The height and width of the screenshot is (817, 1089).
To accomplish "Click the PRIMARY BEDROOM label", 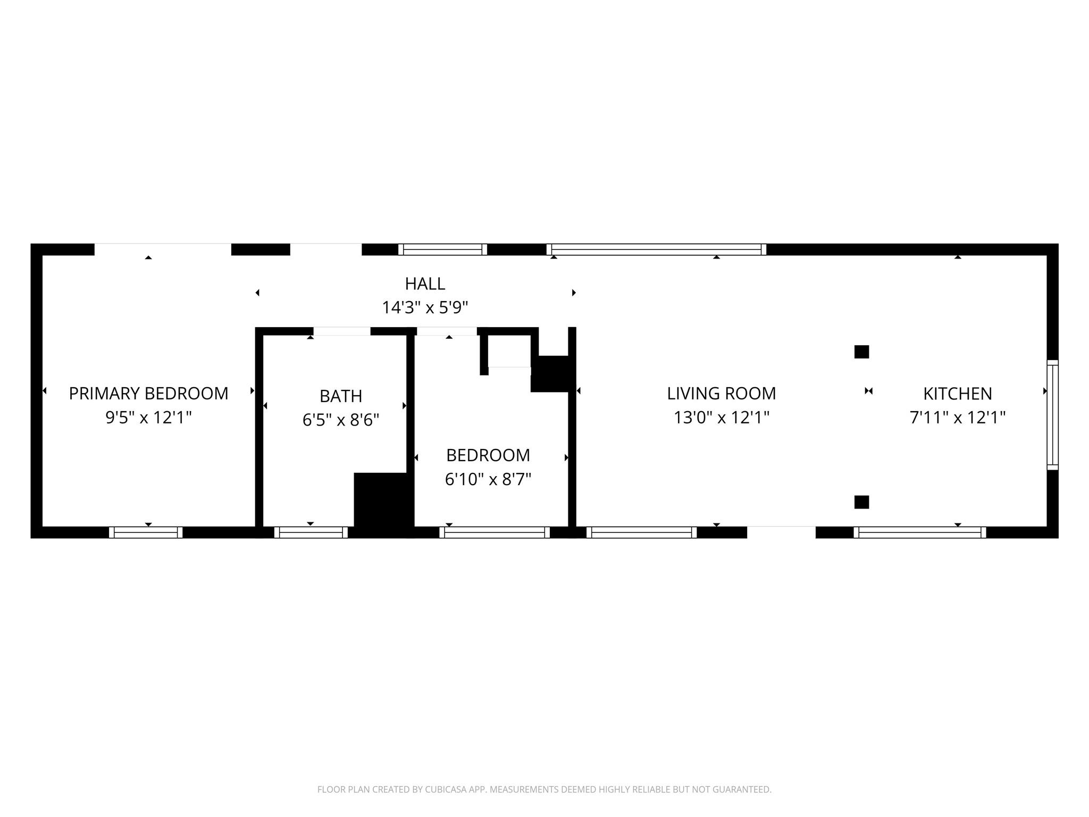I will pyautogui.click(x=148, y=394).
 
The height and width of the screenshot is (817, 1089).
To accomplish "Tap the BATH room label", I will pyautogui.click(x=341, y=396).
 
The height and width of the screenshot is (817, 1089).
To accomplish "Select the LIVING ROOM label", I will pyautogui.click(x=721, y=394).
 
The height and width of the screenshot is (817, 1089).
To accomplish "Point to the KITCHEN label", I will pyautogui.click(x=957, y=394).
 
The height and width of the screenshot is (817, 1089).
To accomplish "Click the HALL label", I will pyautogui.click(x=425, y=284).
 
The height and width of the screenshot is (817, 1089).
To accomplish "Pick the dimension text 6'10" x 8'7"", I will pyautogui.click(x=488, y=480).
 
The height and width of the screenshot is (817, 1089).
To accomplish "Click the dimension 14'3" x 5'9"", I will pyautogui.click(x=425, y=308).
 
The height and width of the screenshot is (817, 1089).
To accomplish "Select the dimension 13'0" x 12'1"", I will pyautogui.click(x=721, y=418).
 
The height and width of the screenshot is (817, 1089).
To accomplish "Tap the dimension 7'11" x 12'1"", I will pyautogui.click(x=957, y=418).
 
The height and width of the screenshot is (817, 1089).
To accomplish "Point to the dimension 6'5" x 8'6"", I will pyautogui.click(x=341, y=421).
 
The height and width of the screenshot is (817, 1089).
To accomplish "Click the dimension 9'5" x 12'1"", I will pyautogui.click(x=148, y=418).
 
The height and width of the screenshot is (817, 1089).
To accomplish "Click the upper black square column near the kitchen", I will pyautogui.click(x=861, y=352).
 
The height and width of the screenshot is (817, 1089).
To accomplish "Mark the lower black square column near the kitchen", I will pyautogui.click(x=861, y=502).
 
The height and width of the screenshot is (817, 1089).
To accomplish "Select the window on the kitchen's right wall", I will pyautogui.click(x=1052, y=415).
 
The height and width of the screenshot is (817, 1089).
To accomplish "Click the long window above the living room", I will pyautogui.click(x=656, y=249).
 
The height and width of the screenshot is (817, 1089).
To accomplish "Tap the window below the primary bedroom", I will pyautogui.click(x=146, y=532).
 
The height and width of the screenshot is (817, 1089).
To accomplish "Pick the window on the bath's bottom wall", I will pyautogui.click(x=311, y=532).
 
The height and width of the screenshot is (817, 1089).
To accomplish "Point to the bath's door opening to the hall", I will pyautogui.click(x=342, y=331).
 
